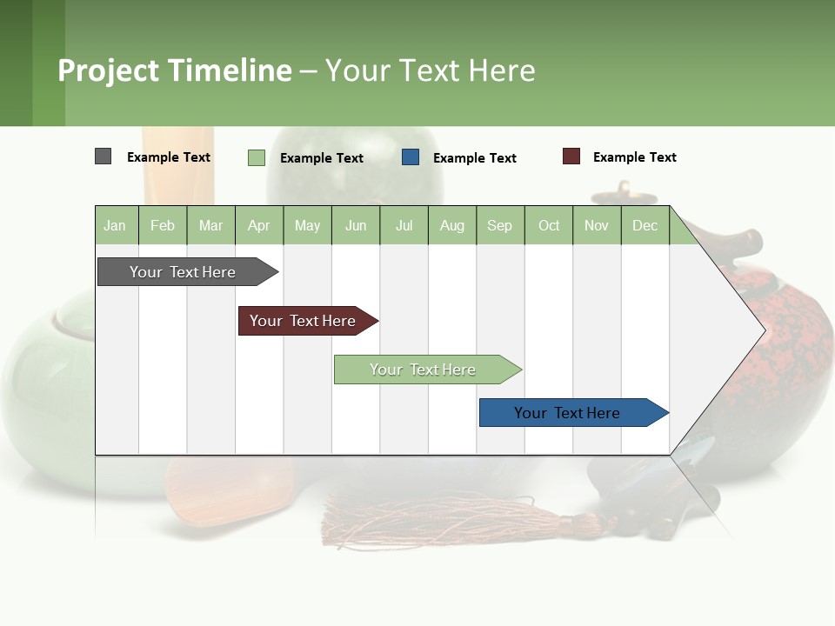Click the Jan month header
(x=115, y=225)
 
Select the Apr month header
(x=258, y=225)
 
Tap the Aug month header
(x=451, y=225)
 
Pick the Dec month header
(x=645, y=225)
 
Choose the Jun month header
(x=356, y=225)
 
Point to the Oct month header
(x=549, y=225)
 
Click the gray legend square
(x=103, y=156)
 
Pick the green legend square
(x=256, y=157)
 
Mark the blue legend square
(x=411, y=157)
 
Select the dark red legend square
(x=571, y=156)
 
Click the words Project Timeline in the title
(x=174, y=70)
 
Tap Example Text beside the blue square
(x=474, y=158)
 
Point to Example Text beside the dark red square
(x=634, y=157)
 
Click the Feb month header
(x=163, y=225)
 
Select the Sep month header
(x=499, y=225)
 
